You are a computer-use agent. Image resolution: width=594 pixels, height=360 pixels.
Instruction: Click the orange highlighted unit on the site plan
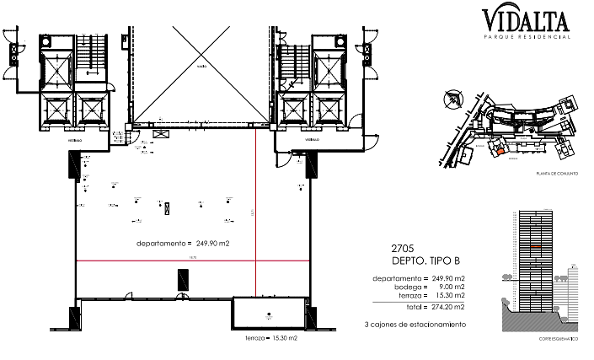point(498,152)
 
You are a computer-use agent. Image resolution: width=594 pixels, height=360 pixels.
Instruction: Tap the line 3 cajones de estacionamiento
point(414,324)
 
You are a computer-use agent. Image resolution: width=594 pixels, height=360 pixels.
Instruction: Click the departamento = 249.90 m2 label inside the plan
point(183,243)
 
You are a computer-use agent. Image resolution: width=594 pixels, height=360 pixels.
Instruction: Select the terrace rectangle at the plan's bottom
point(269,312)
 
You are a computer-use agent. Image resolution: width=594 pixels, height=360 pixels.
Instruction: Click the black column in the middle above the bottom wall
point(179,279)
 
